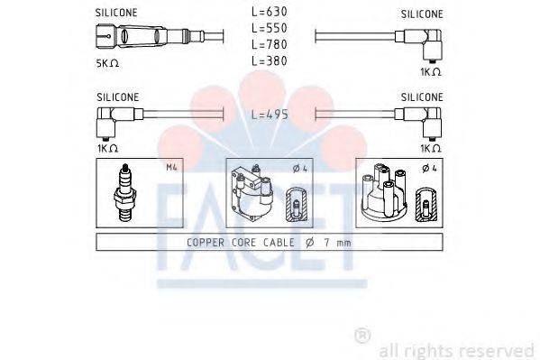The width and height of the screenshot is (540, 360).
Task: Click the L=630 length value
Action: click(x=270, y=14)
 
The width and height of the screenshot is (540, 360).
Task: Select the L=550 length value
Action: click(x=270, y=29)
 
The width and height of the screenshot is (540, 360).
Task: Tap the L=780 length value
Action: click(x=270, y=44)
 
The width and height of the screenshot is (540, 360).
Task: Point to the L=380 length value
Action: click(x=270, y=60)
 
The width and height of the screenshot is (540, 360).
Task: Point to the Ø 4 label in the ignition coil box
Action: click(x=299, y=166)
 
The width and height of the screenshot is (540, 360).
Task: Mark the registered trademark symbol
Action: click(x=362, y=336)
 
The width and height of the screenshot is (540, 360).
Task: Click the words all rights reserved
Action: click(x=456, y=350)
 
